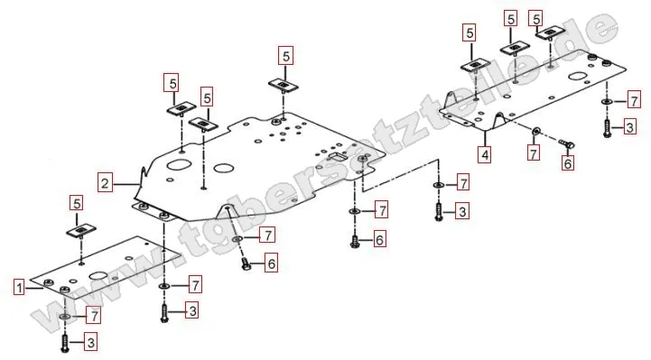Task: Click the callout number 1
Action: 19,288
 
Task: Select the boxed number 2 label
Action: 105,183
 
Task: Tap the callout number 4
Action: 485,154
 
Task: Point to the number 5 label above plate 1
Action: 77,204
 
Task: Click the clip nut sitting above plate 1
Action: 81,231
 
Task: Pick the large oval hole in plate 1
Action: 98,276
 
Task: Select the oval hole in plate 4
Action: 578,77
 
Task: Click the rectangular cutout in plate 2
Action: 338,157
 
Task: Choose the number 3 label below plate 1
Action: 90,343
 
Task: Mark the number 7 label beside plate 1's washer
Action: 94,316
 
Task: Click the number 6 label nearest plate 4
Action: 568,163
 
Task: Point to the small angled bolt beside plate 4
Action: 566,143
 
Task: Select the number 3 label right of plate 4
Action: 629,127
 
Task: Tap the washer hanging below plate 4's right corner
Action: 607,102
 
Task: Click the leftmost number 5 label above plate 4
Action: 470,32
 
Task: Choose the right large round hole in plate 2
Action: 224,168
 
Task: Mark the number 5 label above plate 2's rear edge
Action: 285,56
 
